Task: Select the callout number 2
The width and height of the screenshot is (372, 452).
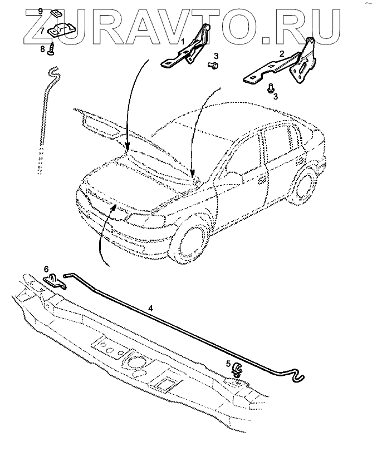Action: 282,53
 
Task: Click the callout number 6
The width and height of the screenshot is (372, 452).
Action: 47,269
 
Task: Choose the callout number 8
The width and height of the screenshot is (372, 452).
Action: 42,49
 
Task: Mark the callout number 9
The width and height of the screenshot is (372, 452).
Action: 40,11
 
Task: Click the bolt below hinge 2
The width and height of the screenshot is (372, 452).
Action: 270,88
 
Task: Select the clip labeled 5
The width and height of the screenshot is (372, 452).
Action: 236,369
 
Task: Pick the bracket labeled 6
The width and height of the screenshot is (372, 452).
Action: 55,280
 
